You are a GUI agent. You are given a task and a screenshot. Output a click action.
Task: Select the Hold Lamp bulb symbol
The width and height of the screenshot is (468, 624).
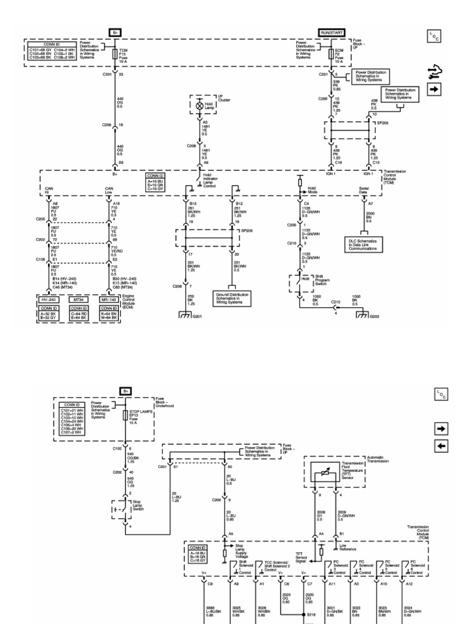tap(199, 105)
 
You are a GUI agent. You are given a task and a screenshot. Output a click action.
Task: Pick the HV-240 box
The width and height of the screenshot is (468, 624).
tap(48, 300)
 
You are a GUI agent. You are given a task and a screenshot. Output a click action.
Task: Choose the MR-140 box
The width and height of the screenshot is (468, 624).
tap(109, 300)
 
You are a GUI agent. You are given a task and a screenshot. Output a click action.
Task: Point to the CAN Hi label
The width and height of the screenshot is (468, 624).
tap(49, 190)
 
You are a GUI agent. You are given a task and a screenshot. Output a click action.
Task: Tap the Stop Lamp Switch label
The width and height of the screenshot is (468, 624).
tap(140, 505)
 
